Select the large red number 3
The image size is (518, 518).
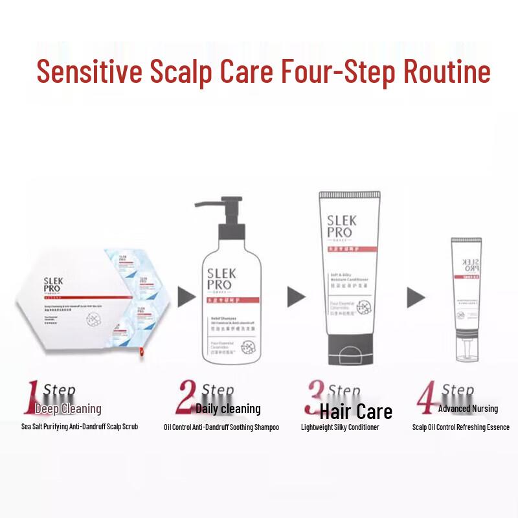click(315, 397)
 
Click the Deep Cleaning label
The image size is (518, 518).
click(68, 409)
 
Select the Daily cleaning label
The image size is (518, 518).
click(228, 409)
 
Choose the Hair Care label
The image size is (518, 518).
click(355, 411)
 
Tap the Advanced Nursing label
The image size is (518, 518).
click(467, 409)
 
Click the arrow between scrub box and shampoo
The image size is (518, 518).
click(186, 297)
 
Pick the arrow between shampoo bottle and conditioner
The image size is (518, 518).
click(297, 297)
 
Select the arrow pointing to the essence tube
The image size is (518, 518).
click(416, 297)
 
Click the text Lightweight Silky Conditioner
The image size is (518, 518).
click(340, 427)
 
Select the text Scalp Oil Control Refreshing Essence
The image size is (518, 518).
click(460, 427)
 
